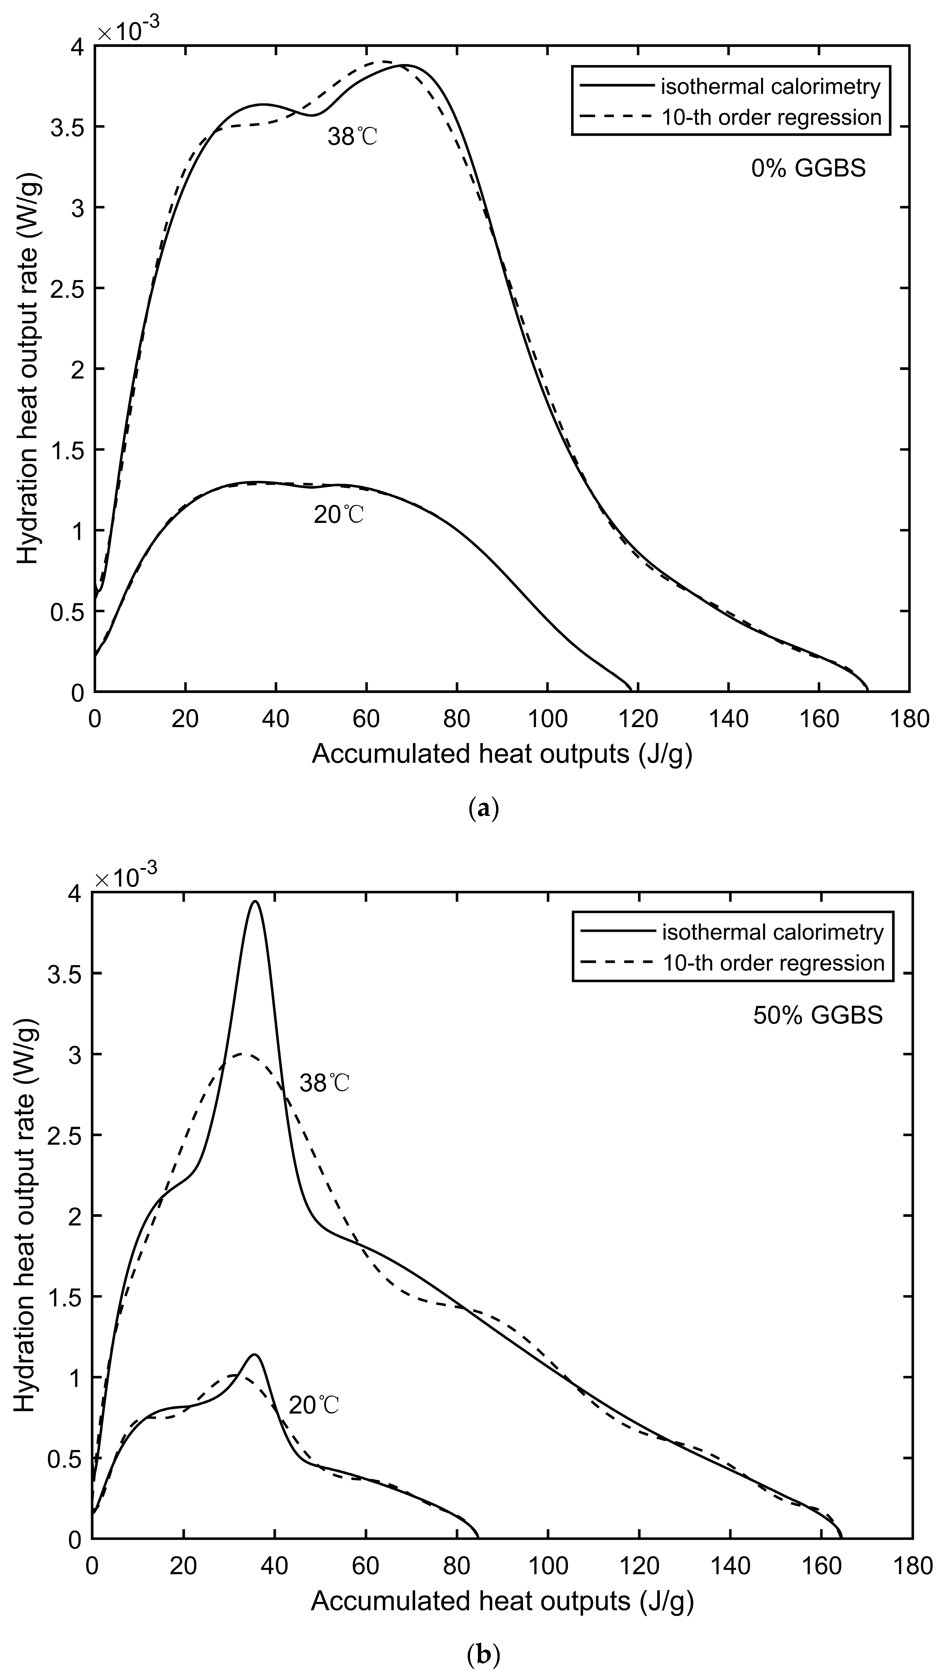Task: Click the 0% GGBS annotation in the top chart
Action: click(808, 169)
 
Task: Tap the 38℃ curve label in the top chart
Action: click(352, 137)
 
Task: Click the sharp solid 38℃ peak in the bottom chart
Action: click(255, 902)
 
